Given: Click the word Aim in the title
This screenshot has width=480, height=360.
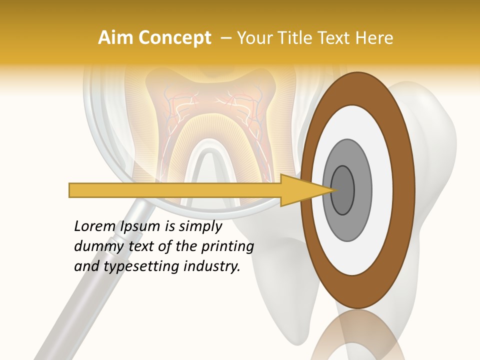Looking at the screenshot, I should [x=115, y=38].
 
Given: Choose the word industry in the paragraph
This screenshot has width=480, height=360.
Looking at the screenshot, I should [x=212, y=267].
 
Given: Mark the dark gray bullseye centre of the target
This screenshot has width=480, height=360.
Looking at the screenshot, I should [x=342, y=190].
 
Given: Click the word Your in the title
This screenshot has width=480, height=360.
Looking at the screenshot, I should [x=252, y=38].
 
